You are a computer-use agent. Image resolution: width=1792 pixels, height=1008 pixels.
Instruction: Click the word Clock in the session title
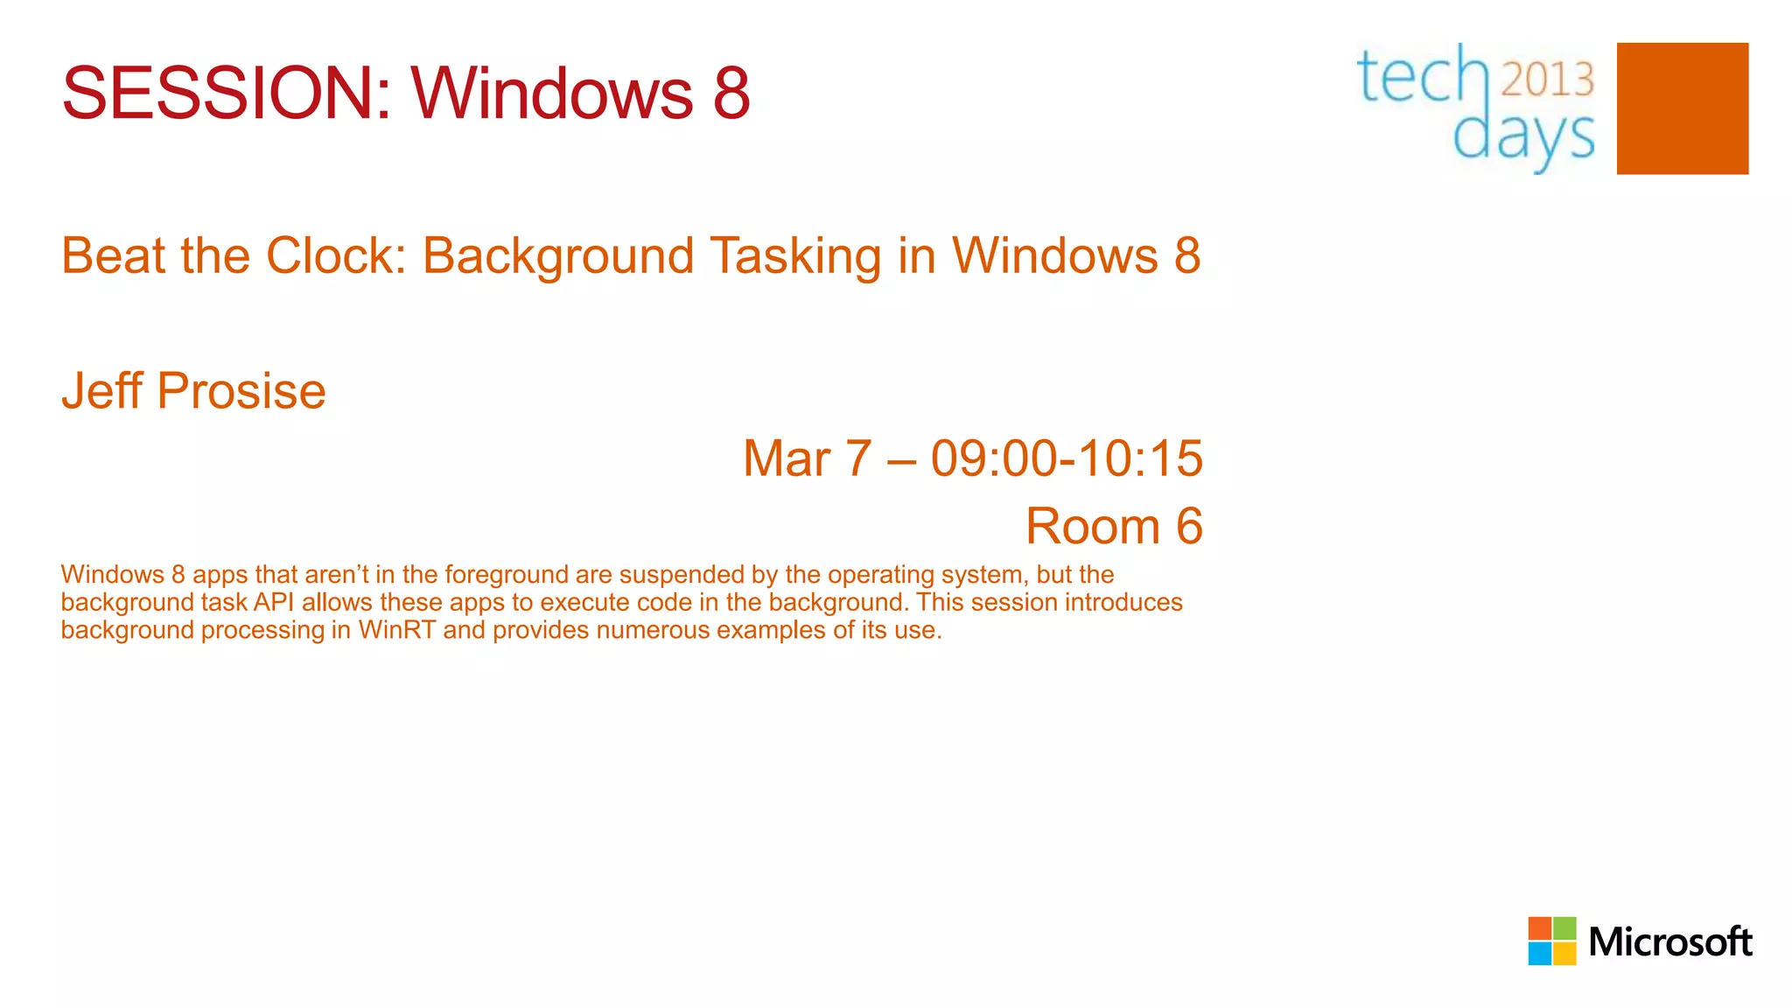(336, 255)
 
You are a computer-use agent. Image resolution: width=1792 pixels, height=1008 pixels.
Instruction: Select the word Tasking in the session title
(795, 255)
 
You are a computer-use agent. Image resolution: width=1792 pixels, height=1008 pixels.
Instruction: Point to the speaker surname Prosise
(241, 390)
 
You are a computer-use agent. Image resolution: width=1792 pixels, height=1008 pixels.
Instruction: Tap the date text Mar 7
(807, 458)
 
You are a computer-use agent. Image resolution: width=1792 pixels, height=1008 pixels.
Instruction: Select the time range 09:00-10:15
(1066, 458)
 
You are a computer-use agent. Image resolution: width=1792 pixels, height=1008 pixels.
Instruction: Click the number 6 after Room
(1188, 527)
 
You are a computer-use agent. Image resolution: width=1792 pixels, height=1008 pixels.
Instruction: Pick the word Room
(1092, 527)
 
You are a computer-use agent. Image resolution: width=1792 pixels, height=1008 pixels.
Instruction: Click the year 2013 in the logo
(1547, 80)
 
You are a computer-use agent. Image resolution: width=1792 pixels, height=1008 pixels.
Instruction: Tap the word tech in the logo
(1422, 77)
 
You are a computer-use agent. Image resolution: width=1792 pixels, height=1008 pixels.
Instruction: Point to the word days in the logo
(1523, 138)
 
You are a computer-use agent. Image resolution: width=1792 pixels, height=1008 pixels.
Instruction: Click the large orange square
(1682, 108)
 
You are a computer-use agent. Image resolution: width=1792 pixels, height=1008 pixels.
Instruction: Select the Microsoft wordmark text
(1669, 942)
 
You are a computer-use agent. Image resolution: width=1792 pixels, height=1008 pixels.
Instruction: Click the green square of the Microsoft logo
(1564, 928)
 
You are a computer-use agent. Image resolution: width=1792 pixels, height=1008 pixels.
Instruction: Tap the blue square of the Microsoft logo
(1540, 954)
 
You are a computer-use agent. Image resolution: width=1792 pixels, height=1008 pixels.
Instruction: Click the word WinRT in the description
(396, 630)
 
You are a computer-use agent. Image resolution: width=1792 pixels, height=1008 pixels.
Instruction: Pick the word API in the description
(273, 603)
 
